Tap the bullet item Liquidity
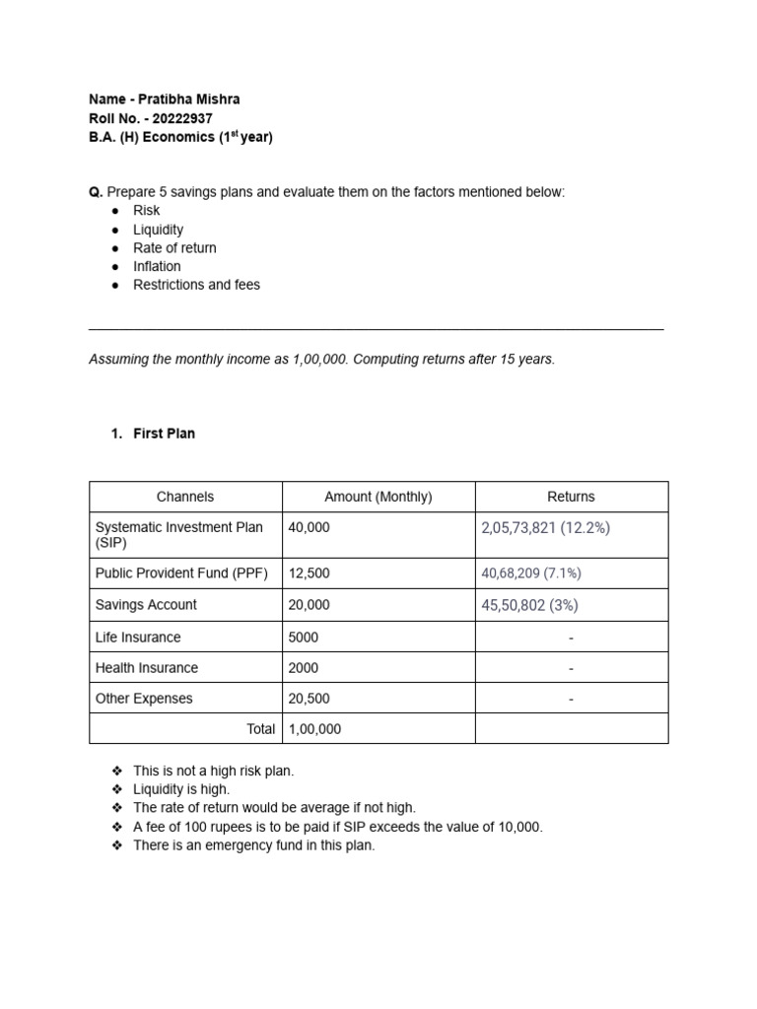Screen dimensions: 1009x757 click(159, 230)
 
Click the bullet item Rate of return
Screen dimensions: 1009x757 click(174, 248)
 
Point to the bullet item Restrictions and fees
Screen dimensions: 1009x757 click(196, 285)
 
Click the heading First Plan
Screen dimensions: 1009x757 click(164, 434)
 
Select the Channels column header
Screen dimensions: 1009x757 click(185, 497)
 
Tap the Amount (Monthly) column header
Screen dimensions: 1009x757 click(378, 497)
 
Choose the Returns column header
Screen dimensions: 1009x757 click(571, 497)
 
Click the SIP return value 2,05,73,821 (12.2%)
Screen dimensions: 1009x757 click(545, 528)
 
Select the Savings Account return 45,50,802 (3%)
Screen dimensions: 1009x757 click(528, 605)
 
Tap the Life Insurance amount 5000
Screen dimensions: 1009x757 click(304, 638)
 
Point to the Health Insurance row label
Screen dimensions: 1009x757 click(147, 668)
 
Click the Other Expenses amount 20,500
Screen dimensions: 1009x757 click(310, 699)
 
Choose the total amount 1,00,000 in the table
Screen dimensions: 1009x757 click(314, 729)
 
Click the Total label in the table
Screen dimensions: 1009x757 click(260, 729)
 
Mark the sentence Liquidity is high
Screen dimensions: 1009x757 click(181, 789)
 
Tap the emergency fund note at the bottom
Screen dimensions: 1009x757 click(253, 845)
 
